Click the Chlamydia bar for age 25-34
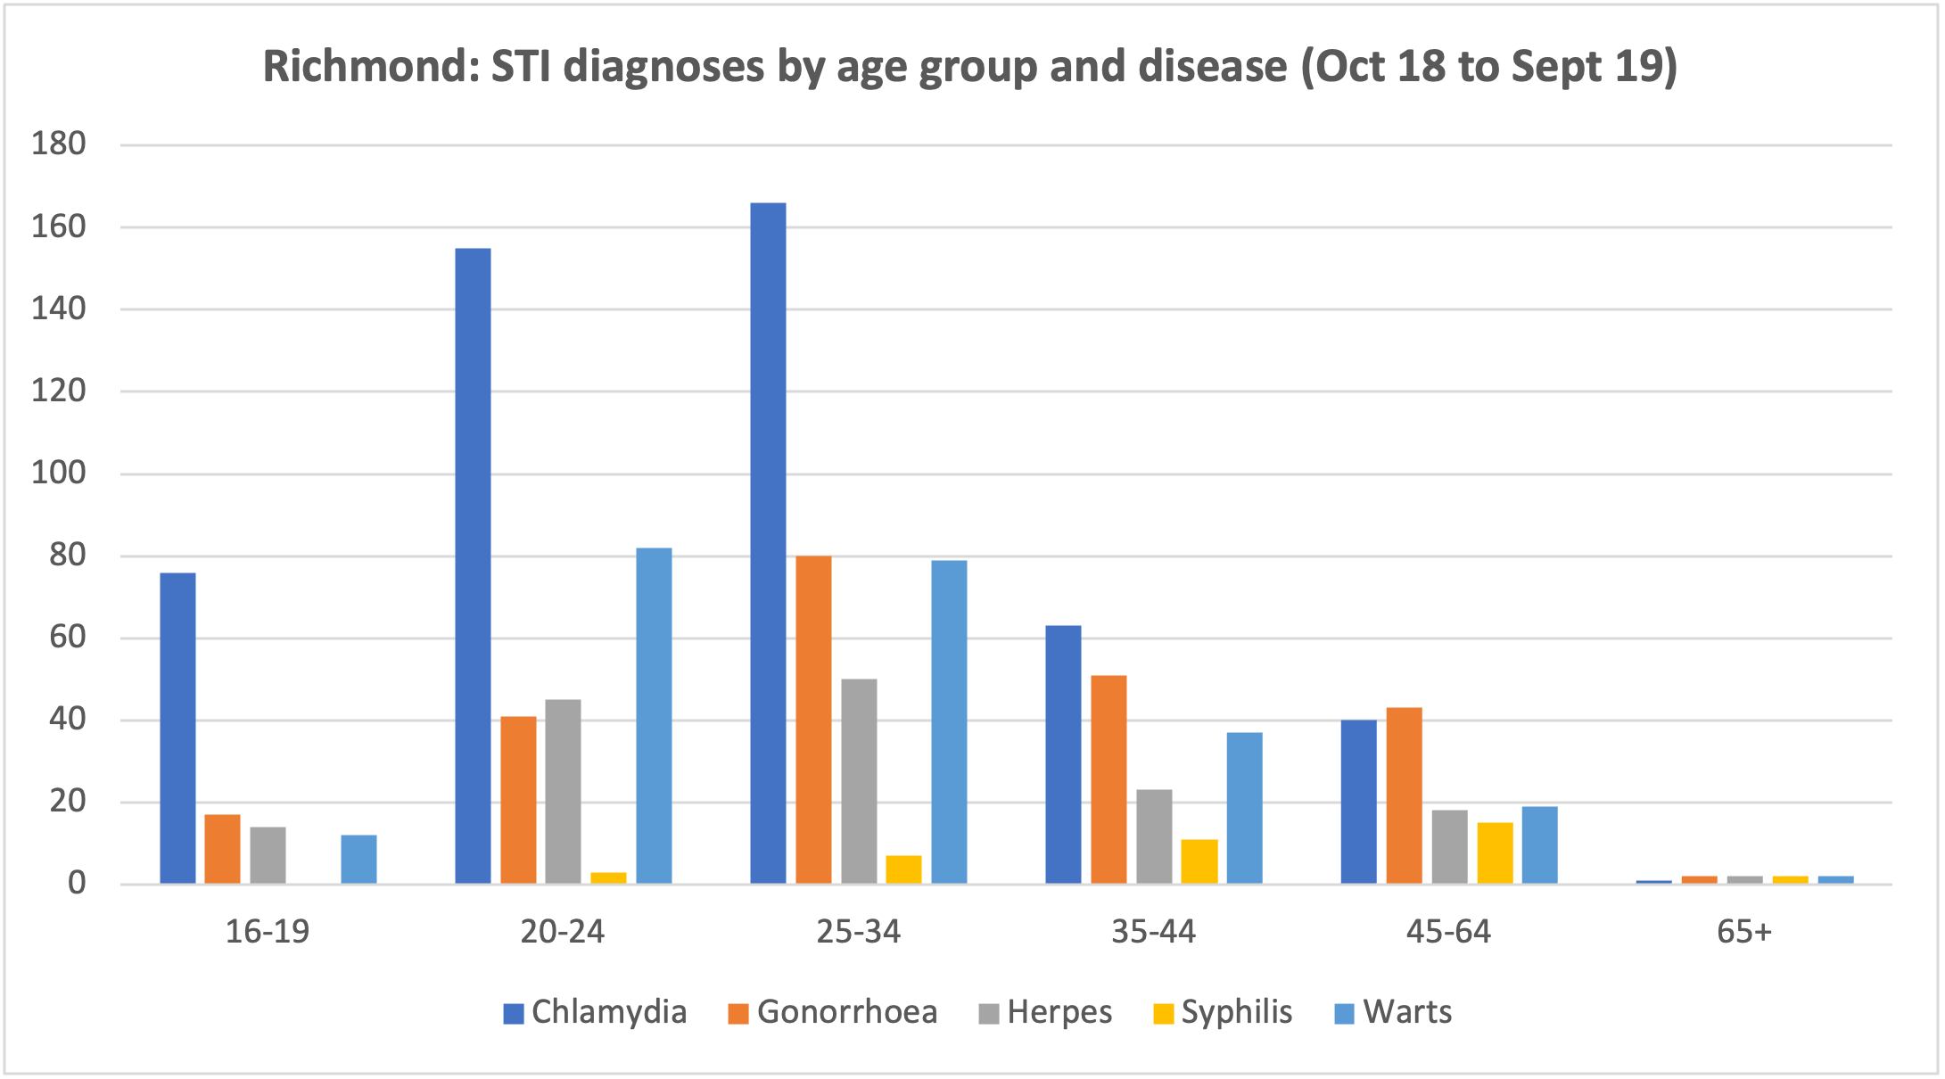pos(768,544)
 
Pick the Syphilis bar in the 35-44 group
pos(1199,861)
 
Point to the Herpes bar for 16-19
pos(268,855)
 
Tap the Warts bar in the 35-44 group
pos(1244,808)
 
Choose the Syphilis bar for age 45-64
pos(1495,853)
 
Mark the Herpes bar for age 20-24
pos(563,792)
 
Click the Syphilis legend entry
pos(1223,1013)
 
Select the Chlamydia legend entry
pos(595,1013)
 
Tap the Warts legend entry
pos(1394,1013)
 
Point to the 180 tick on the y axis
pos(59,144)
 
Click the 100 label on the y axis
pos(59,473)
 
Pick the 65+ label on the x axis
pos(1744,933)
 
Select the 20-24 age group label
pos(563,933)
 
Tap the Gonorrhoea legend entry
pos(833,1013)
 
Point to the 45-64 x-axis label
pos(1448,933)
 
